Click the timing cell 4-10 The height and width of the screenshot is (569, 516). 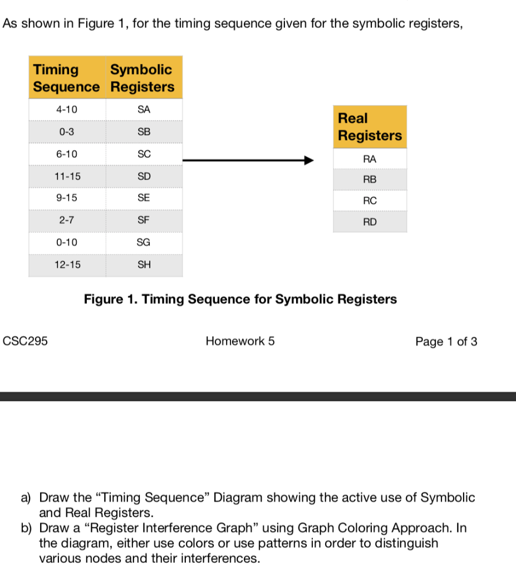tap(67, 110)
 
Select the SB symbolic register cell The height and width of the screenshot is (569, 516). tap(144, 132)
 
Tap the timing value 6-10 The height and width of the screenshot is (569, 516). tap(67, 154)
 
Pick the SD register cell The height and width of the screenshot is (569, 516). tap(144, 176)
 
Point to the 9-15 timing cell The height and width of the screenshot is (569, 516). tap(67, 198)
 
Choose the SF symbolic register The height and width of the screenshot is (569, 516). tap(144, 220)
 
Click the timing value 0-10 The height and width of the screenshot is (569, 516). tap(67, 242)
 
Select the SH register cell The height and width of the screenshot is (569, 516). tap(144, 265)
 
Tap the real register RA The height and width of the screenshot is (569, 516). tap(370, 159)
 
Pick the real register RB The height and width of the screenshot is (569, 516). tap(370, 180)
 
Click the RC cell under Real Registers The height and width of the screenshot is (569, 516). tap(370, 201)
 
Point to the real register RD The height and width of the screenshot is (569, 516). tap(370, 222)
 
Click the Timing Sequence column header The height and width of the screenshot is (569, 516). tap(67, 78)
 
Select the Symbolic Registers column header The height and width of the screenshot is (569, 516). tap(142, 78)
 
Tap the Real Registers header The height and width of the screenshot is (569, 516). tap(370, 127)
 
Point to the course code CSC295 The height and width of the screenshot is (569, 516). tap(26, 342)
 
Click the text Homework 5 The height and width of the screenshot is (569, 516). tap(240, 342)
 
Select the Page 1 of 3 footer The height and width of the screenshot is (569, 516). tap(446, 342)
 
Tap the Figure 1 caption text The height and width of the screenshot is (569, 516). tap(240, 300)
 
